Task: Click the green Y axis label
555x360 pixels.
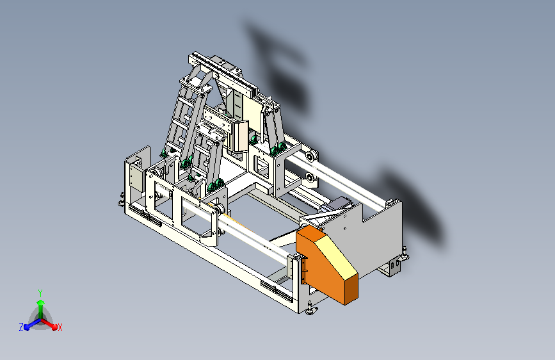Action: [40, 293]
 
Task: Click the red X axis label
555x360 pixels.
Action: [60, 327]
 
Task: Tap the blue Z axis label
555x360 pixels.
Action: [21, 327]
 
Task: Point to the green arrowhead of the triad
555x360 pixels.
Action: [41, 302]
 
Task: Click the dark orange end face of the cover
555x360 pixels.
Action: [351, 289]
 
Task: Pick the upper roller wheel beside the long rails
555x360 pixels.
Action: [312, 156]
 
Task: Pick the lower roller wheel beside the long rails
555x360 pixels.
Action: [310, 178]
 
